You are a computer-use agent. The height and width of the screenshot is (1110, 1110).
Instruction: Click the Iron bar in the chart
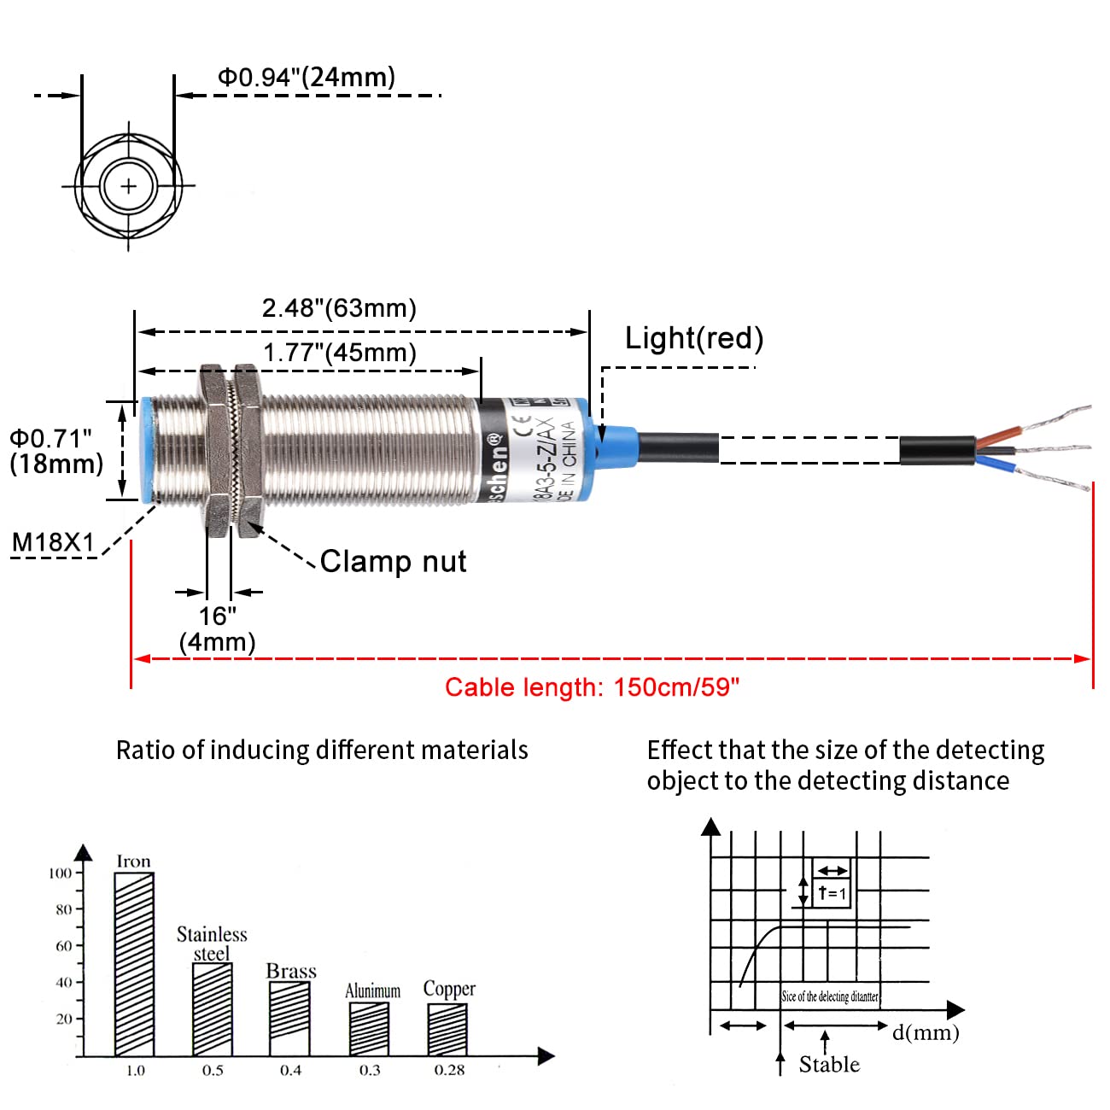[134, 963]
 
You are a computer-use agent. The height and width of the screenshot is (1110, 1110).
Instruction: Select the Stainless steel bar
[213, 1009]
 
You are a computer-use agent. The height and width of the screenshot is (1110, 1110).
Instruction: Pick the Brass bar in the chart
[289, 1018]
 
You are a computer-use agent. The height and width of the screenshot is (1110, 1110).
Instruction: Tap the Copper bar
[447, 1029]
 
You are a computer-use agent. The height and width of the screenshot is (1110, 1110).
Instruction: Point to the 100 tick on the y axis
[61, 873]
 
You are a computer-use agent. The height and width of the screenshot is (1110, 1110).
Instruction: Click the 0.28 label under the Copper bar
[449, 1070]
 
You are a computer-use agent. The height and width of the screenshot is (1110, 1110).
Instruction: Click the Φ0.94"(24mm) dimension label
[307, 77]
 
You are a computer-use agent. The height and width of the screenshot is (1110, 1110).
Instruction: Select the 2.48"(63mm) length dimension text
[339, 308]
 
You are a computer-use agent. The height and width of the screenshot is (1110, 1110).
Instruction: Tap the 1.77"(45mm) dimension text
[339, 353]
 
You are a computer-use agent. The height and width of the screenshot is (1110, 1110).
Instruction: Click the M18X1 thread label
[53, 542]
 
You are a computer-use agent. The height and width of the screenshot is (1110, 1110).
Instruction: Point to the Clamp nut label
[393, 561]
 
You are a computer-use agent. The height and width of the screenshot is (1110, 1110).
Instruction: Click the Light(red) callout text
[693, 338]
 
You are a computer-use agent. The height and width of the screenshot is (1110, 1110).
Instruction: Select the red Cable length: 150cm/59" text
[592, 687]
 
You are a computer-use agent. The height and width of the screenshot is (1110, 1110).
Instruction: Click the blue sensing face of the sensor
[146, 450]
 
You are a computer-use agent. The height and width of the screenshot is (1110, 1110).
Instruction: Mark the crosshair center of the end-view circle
[128, 185]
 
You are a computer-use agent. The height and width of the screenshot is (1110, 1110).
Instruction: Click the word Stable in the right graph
[829, 1064]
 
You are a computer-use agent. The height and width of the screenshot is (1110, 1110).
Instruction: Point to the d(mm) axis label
[926, 1032]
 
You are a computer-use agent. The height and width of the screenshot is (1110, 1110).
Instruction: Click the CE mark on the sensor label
[522, 425]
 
